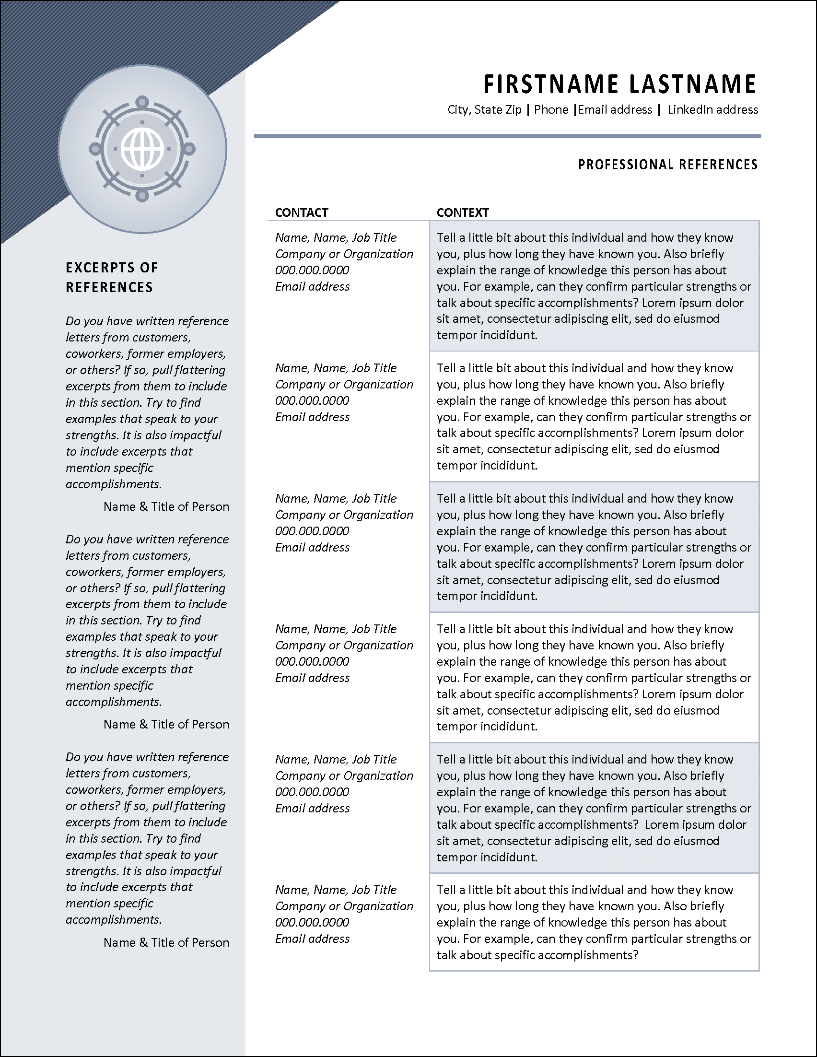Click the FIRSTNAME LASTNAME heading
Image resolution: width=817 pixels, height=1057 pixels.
[619, 84]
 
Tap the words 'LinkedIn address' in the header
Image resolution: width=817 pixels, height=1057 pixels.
[712, 110]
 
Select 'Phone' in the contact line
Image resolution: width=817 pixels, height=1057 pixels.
[551, 110]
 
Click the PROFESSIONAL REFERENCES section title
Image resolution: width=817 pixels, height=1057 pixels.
[667, 165]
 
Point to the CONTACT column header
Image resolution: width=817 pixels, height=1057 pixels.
[302, 212]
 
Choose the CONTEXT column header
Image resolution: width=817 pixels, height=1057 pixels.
[462, 212]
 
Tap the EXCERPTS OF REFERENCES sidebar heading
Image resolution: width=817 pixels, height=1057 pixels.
[112, 277]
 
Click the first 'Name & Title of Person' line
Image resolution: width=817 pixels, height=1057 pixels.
[166, 507]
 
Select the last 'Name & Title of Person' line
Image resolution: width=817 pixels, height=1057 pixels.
[166, 942]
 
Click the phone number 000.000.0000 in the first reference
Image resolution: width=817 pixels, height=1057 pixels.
[312, 270]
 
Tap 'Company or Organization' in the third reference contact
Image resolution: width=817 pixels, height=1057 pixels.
[344, 515]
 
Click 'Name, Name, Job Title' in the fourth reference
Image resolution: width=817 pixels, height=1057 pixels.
[336, 629]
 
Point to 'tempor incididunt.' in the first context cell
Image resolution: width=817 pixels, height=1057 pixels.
[487, 335]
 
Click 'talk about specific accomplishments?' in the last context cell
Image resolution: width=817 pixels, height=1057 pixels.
[537, 955]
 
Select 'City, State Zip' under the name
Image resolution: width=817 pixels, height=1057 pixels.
[484, 110]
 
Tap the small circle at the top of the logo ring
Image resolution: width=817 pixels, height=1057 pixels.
[142, 102]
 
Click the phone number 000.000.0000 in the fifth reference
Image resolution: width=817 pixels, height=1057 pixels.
[312, 792]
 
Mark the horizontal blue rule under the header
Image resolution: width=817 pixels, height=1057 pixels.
[507, 136]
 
